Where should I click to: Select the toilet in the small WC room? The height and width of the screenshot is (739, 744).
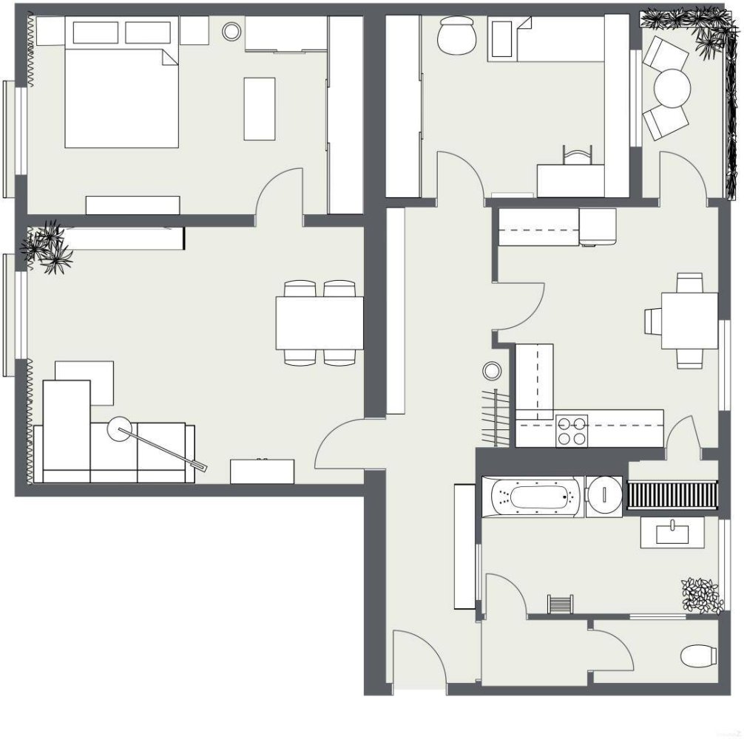(x=698, y=655)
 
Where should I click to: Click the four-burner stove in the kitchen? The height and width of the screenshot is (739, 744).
(x=572, y=431)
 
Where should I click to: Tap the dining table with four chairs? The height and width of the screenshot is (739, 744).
(x=319, y=322)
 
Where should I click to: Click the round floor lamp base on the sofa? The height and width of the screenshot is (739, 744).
(x=120, y=427)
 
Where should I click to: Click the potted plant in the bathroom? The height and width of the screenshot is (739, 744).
(x=701, y=595)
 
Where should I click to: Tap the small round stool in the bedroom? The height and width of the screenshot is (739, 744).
(x=232, y=31)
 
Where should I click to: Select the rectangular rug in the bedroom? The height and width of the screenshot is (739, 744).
(x=260, y=109)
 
